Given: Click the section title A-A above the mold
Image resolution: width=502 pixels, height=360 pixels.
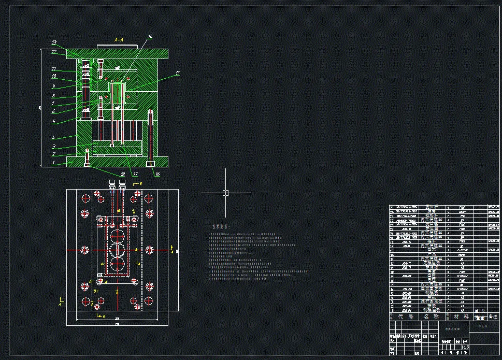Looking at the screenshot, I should pyautogui.click(x=118, y=39).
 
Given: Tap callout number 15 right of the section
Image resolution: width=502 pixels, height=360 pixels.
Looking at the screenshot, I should pyautogui.click(x=177, y=74).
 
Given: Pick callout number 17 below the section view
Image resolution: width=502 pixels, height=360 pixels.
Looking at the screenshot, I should pyautogui.click(x=136, y=174).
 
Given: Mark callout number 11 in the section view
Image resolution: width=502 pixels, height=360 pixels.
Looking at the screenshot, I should pyautogui.click(x=53, y=68).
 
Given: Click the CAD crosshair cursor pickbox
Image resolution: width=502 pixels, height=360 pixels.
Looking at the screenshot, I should pyautogui.click(x=225, y=193).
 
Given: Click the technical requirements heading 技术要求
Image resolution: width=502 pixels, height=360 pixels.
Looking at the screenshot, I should pyautogui.click(x=220, y=227).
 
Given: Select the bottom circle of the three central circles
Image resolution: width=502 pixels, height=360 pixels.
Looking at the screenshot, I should pyautogui.click(x=118, y=269).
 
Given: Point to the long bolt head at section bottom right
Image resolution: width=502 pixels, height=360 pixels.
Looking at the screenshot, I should pyautogui.click(x=151, y=164).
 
